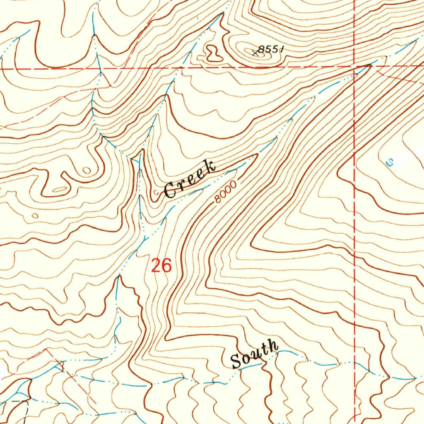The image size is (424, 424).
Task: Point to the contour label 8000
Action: pos(226,192)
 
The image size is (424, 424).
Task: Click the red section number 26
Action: pos(161,265)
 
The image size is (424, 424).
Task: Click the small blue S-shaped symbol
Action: pos(389,162)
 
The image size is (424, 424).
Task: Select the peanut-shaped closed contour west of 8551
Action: pos(213,53)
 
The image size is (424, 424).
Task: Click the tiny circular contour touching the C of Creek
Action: pos(156,193)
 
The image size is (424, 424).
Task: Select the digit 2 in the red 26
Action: pos(156,265)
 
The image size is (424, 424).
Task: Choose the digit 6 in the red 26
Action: pos(166,265)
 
